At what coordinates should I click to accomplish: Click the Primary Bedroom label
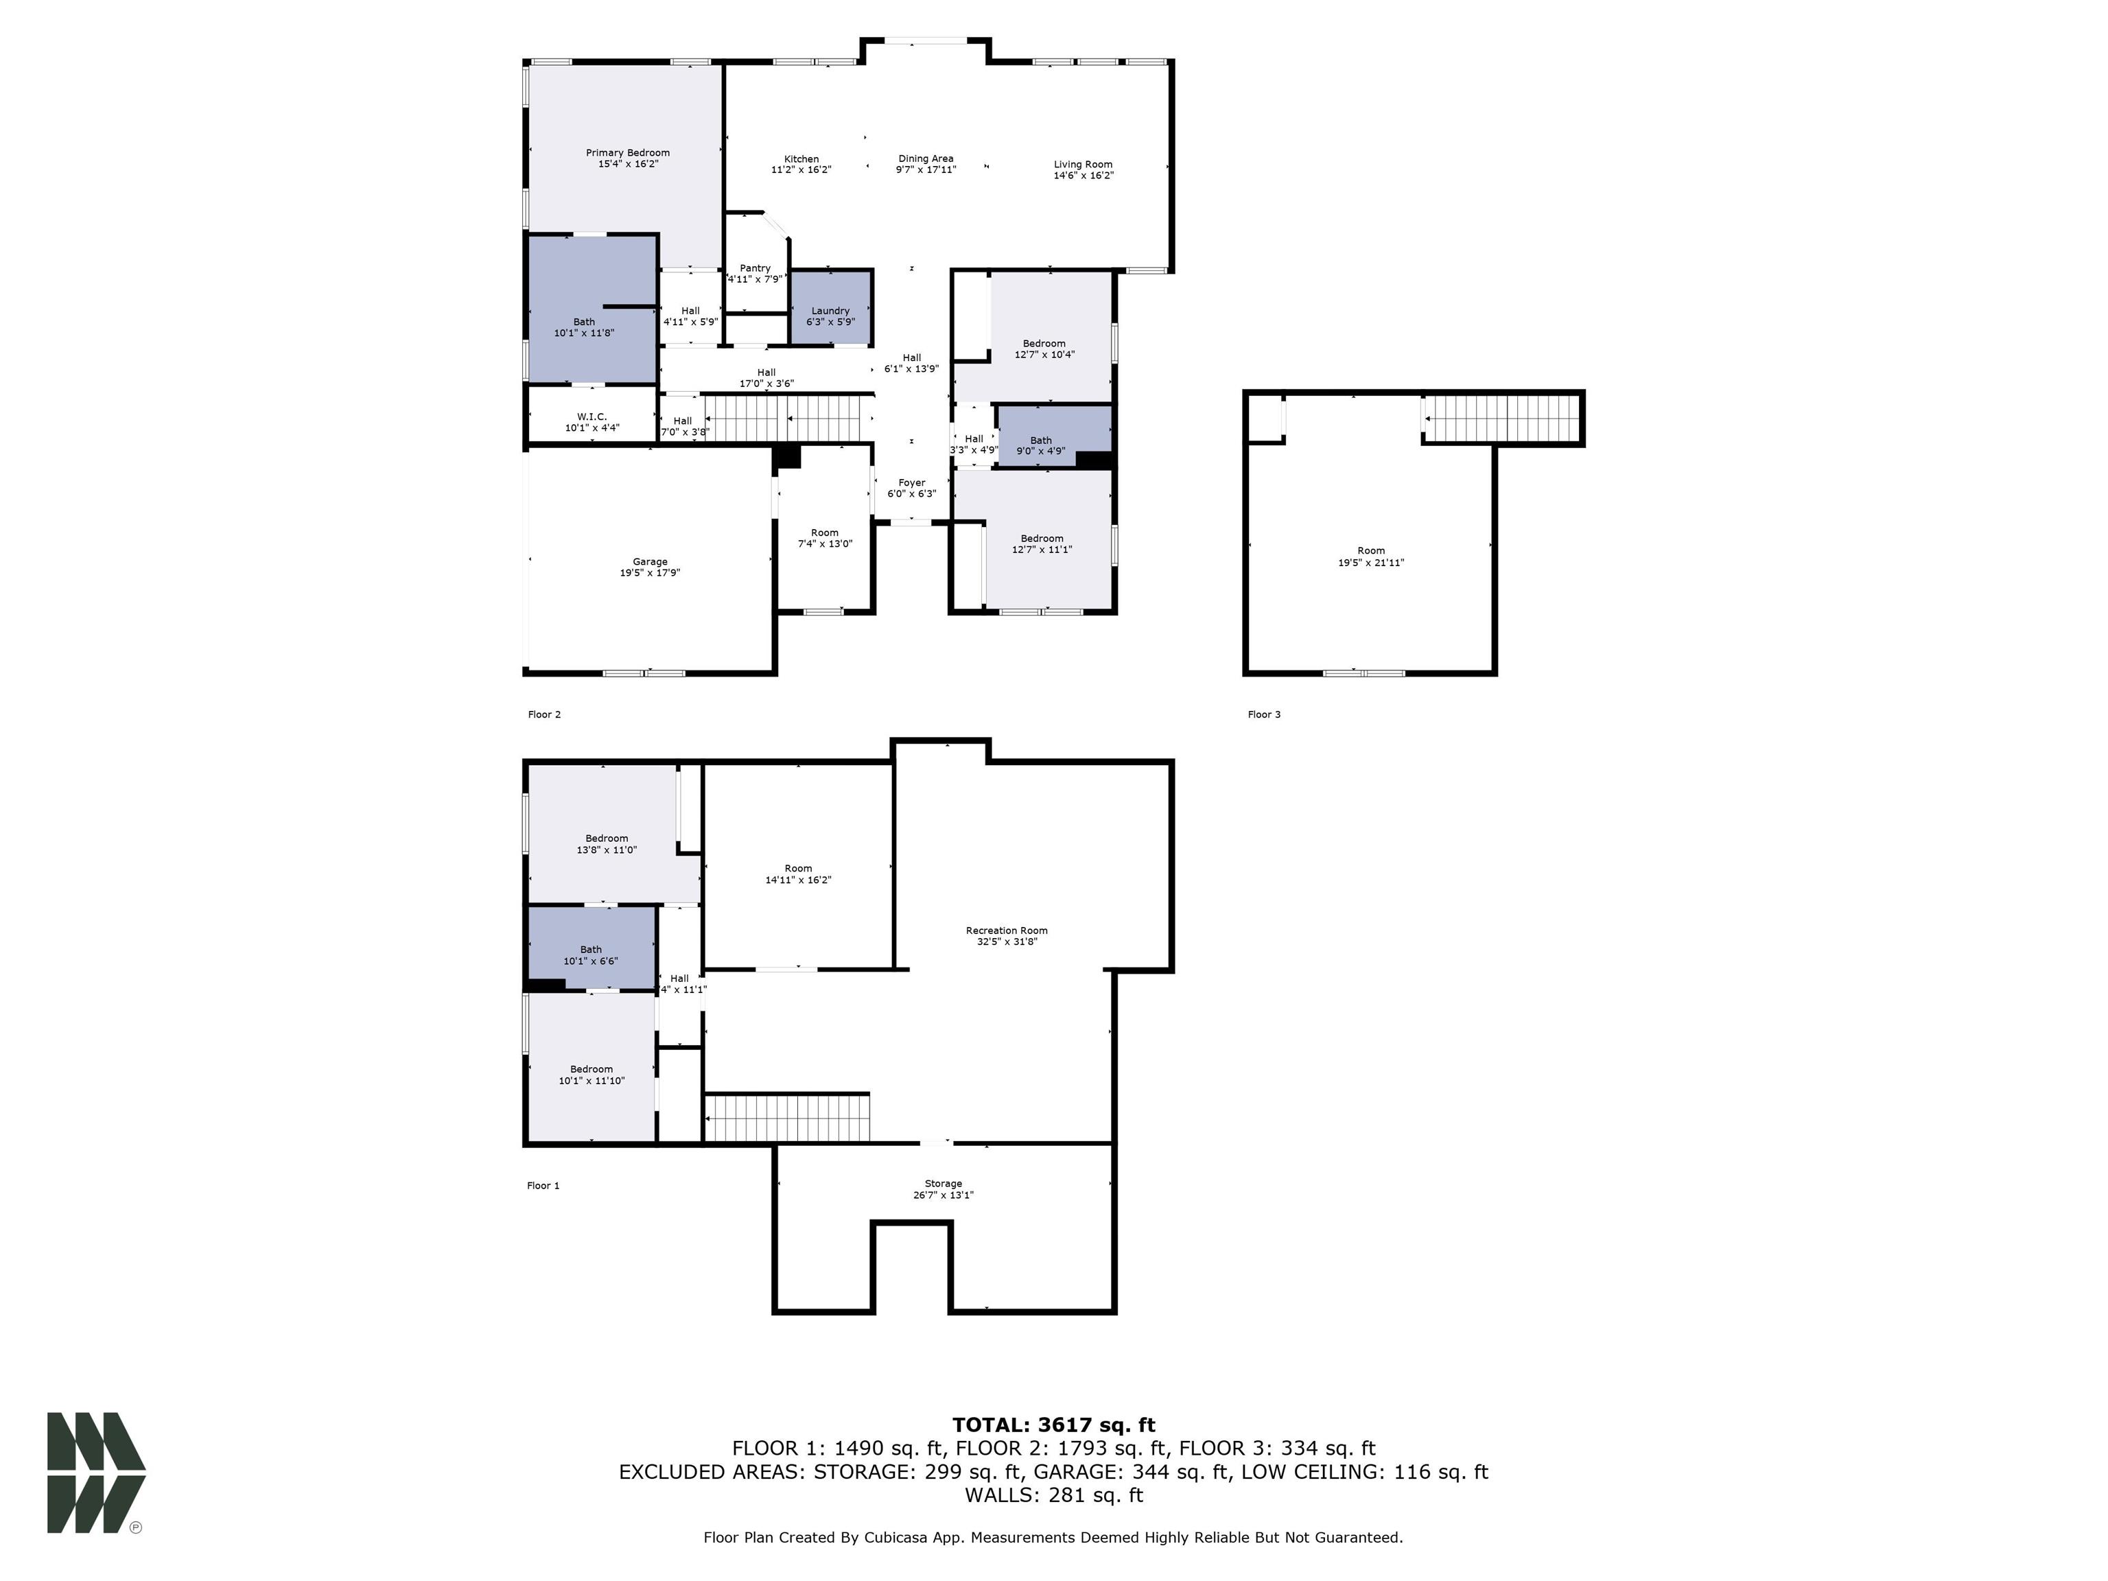pos(627,152)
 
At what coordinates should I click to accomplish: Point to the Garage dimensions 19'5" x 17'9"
pos(650,574)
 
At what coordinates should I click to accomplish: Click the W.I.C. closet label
pos(591,417)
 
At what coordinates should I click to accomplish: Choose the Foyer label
pos(911,483)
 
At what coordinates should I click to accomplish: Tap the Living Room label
pos(1083,164)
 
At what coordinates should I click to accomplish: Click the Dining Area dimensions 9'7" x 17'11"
pos(926,169)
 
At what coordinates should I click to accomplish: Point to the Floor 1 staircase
pos(786,1118)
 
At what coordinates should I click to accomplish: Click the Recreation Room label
pos(1007,930)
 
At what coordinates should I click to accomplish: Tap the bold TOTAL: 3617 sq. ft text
pos(1053,1425)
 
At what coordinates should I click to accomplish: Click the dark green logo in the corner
pos(95,1473)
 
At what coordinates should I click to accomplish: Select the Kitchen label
pos(801,159)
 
